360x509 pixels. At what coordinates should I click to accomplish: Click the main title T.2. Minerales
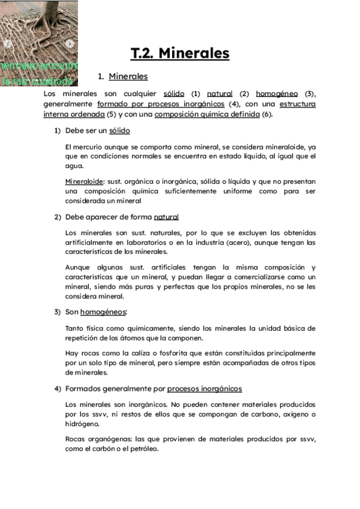[180, 53]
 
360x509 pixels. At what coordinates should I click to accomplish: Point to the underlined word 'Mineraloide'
[84, 181]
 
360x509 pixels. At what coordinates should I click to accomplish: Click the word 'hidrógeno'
[85, 424]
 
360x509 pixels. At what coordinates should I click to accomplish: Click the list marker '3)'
[58, 312]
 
